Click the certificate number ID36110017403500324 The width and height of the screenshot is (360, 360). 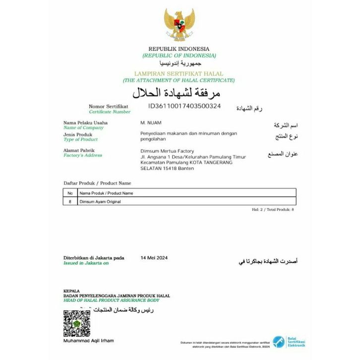(184, 106)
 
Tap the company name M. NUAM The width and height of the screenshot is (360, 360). (151, 122)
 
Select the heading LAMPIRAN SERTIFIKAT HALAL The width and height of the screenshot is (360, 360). (179, 73)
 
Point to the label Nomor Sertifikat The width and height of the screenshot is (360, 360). (109, 107)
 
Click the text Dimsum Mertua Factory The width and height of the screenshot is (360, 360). (167, 151)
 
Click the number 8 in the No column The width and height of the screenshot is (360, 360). (70, 202)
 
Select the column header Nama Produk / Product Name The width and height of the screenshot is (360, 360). (106, 193)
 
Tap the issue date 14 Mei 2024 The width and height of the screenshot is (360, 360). (155, 258)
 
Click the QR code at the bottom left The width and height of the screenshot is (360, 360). (77, 323)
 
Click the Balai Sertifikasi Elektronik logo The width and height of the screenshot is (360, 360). (296, 342)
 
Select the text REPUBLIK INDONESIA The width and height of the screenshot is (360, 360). (179, 49)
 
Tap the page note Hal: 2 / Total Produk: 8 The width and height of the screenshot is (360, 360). (273, 210)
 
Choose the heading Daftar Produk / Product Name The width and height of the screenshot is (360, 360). (97, 183)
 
